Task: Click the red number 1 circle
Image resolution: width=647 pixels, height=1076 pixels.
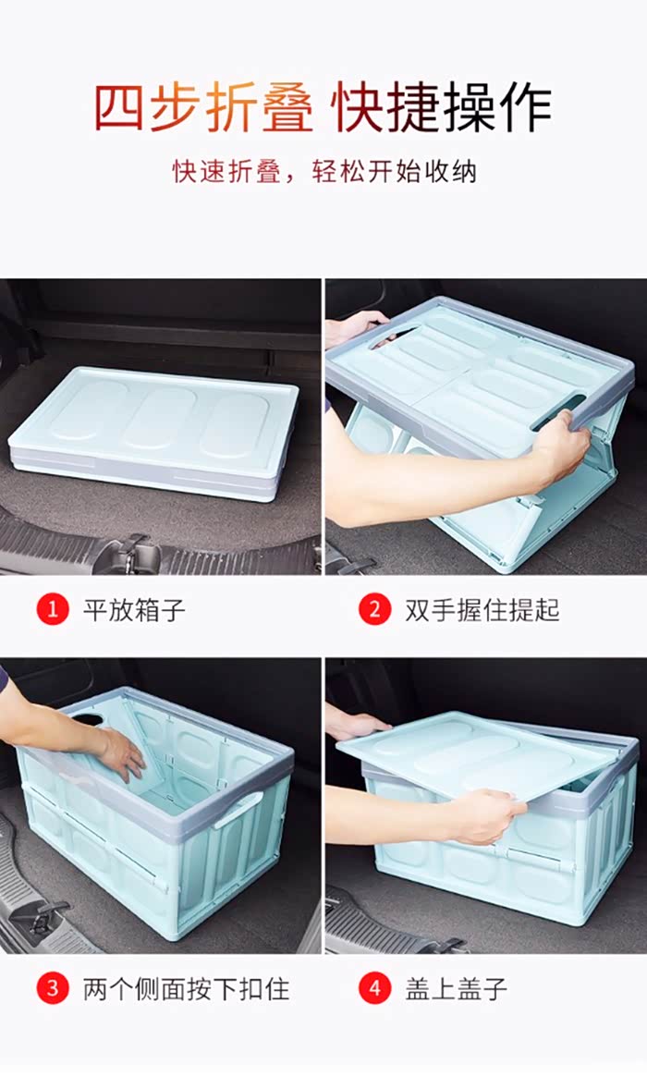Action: pos(53,609)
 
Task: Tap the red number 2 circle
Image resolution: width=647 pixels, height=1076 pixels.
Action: pos(374,609)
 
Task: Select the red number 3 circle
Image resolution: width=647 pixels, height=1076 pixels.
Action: pos(53,989)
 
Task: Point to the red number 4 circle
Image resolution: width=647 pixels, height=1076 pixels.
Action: pos(374,989)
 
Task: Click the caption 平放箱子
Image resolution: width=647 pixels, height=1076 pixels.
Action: pos(134,609)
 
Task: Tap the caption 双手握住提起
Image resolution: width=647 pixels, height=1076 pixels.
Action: pos(482,609)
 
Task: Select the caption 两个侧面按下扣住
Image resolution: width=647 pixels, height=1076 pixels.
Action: pos(186,989)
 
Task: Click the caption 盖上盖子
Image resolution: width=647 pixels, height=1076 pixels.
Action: pos(457,989)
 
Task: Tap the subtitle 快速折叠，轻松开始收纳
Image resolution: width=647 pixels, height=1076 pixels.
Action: pos(323,172)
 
